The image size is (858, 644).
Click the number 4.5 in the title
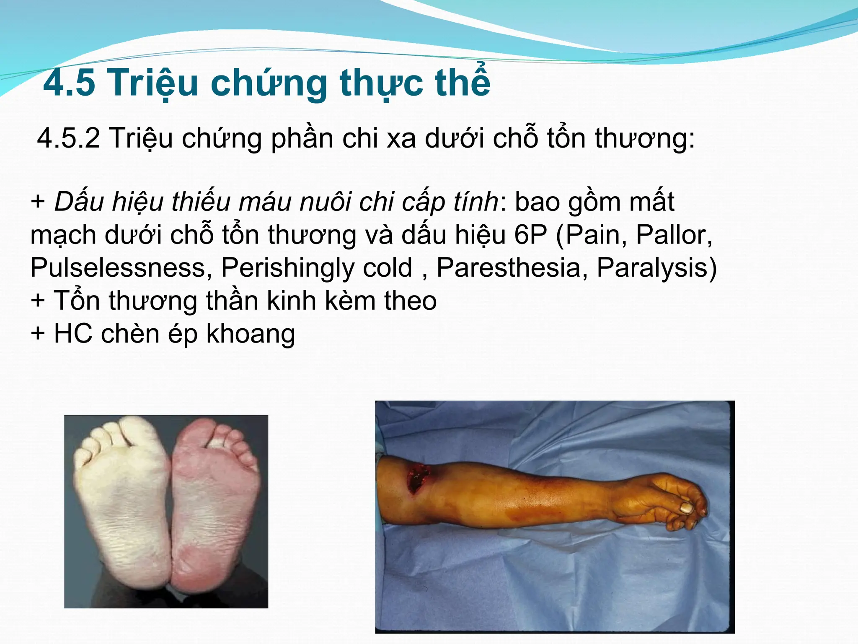point(69,83)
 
